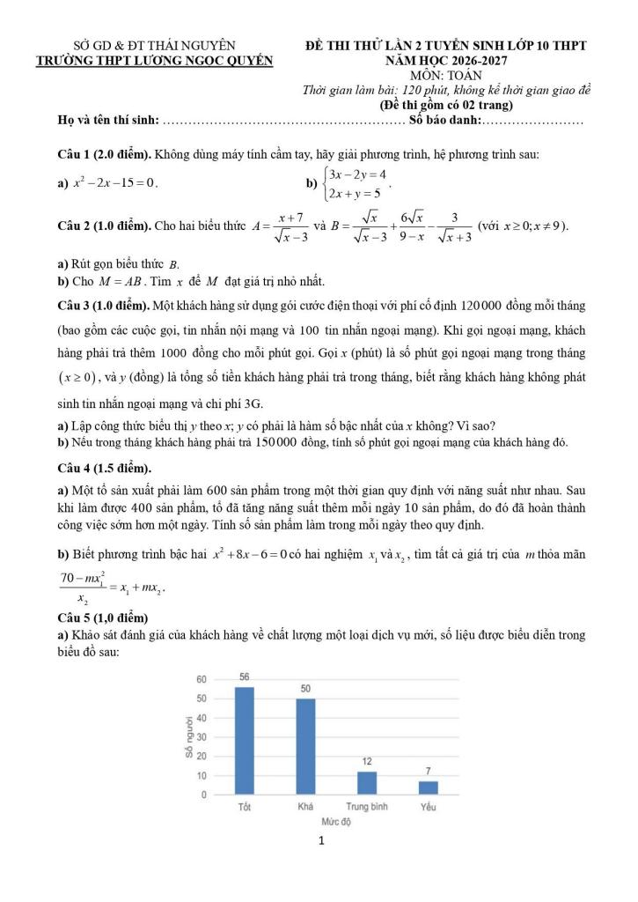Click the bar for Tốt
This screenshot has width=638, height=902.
(x=244, y=741)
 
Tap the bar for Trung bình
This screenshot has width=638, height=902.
(x=367, y=782)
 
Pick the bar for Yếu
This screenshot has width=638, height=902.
(x=429, y=787)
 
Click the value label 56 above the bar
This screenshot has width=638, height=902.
(x=244, y=676)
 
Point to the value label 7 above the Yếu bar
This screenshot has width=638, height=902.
(x=429, y=771)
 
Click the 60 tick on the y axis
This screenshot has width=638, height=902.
(x=201, y=679)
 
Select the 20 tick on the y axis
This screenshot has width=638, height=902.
(x=201, y=756)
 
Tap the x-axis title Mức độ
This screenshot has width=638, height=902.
(x=335, y=821)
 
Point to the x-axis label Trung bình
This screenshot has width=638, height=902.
(x=367, y=806)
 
